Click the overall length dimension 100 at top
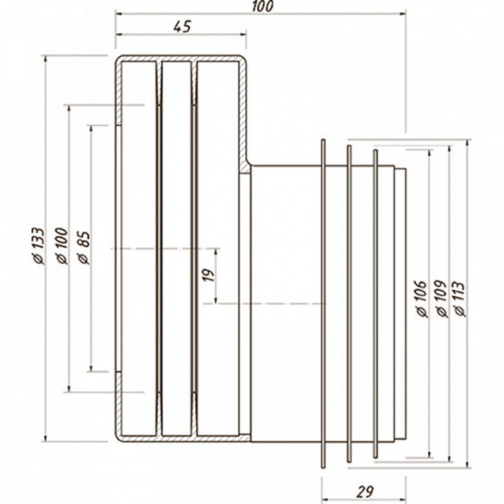(262, 6)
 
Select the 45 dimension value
(183, 27)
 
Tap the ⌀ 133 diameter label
(38, 246)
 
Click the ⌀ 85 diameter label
(83, 248)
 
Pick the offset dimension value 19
(209, 275)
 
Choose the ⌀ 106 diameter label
(421, 299)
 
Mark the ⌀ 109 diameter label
(441, 299)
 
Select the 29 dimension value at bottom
(365, 491)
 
